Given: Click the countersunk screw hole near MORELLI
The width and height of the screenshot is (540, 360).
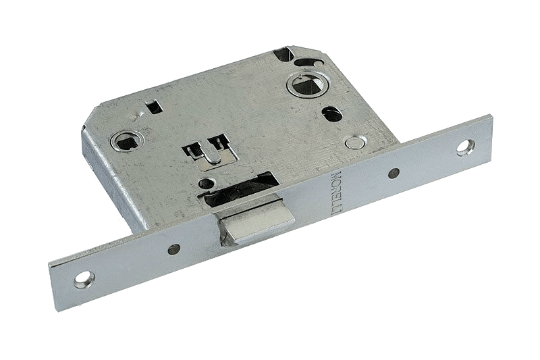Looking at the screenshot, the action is [466, 147].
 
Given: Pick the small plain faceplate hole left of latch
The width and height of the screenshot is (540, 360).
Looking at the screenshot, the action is [174, 249].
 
